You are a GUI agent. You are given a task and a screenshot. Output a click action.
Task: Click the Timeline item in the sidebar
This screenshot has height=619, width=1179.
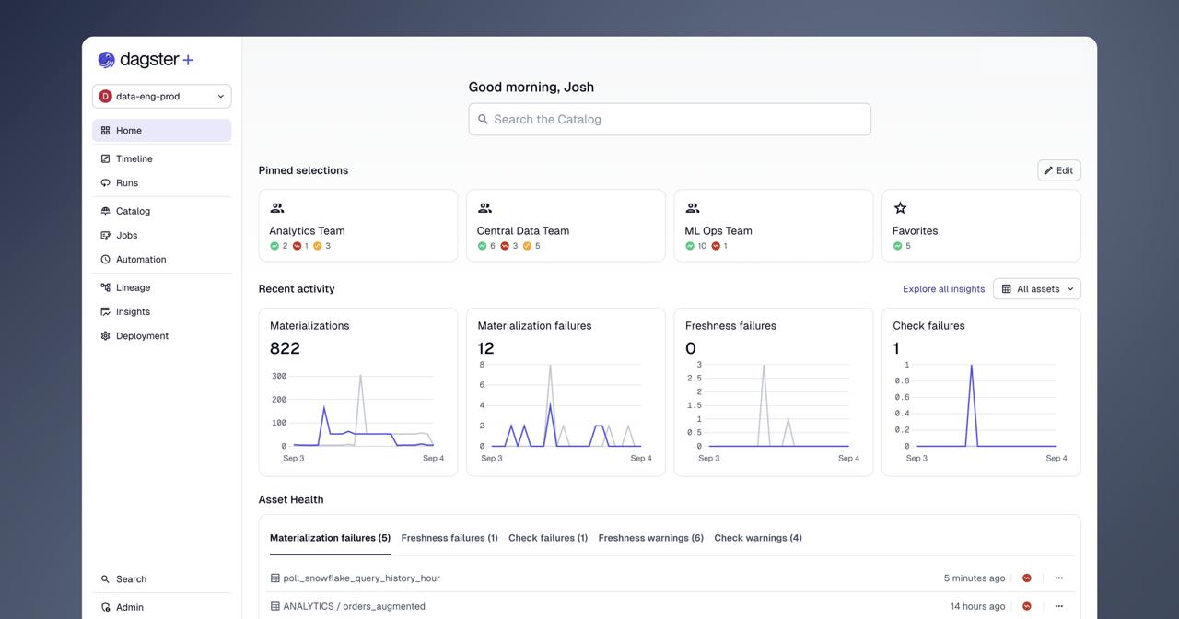[134, 158]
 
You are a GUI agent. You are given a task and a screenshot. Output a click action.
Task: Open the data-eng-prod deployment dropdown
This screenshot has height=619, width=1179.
[161, 97]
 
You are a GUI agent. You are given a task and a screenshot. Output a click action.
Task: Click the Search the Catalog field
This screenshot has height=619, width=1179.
[670, 120]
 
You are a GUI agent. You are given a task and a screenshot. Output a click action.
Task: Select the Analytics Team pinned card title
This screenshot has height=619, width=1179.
[307, 230]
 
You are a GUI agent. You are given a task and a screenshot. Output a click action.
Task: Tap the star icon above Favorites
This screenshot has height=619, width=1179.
[900, 208]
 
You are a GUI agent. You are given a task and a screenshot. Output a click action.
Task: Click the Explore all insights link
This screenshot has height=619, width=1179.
[943, 289]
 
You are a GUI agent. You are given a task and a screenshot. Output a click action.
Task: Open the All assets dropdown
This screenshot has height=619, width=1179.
[1037, 289]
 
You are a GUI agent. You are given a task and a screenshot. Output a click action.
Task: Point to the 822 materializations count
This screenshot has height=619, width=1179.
[285, 348]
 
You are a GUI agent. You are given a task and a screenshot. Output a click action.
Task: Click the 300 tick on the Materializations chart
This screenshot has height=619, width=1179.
[279, 376]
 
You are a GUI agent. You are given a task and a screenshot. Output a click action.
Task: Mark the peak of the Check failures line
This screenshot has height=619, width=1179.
[971, 365]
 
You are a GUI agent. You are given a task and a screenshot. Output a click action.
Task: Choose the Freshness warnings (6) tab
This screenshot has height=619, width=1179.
[650, 538]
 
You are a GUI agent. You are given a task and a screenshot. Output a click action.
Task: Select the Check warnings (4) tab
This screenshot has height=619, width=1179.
[758, 538]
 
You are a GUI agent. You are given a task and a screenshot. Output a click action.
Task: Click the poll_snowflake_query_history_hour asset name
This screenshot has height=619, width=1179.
[361, 578]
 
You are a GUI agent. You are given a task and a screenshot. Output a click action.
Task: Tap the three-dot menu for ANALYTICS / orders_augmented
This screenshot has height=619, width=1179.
[1059, 606]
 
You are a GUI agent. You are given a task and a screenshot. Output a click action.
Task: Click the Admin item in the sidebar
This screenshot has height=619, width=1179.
[130, 607]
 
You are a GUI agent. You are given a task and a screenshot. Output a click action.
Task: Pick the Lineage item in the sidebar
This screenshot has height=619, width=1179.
[133, 287]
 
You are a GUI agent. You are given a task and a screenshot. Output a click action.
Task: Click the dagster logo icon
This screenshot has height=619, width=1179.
[106, 60]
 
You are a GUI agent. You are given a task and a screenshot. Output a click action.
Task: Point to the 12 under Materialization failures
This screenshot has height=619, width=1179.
[485, 348]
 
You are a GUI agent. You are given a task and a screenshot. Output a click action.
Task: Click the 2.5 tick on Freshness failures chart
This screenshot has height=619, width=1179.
[695, 378]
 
